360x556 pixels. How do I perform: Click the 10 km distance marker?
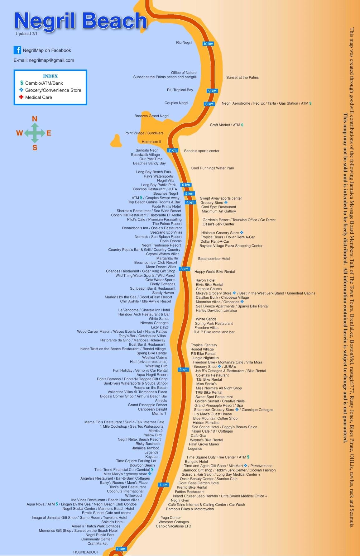pos(208,44)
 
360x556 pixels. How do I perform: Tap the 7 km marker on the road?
pos(172,150)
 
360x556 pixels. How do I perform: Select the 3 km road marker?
pos(185,269)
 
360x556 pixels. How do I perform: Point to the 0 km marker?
pos(121,549)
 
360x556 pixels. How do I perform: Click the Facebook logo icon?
pos(17,50)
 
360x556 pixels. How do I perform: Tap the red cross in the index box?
pos(21,97)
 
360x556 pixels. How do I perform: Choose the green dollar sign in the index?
pos(22,83)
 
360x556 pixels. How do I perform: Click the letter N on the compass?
pos(35,119)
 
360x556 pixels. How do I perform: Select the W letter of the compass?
pos(19,133)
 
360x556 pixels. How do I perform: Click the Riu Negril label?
pos(184,42)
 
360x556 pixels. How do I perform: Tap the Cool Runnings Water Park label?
pos(213,168)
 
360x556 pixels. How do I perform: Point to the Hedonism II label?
pos(151,142)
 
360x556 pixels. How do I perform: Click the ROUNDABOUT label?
pos(86,552)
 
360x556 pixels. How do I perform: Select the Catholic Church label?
pos(209,289)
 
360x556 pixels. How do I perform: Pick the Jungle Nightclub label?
pos(205,358)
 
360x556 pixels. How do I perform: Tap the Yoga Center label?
pos(171,517)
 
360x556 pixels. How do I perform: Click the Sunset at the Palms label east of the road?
pos(242,77)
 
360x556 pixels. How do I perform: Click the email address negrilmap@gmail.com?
pos(51,60)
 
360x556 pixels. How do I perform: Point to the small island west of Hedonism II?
pos(116,140)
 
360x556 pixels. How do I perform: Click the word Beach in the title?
pos(114,21)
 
